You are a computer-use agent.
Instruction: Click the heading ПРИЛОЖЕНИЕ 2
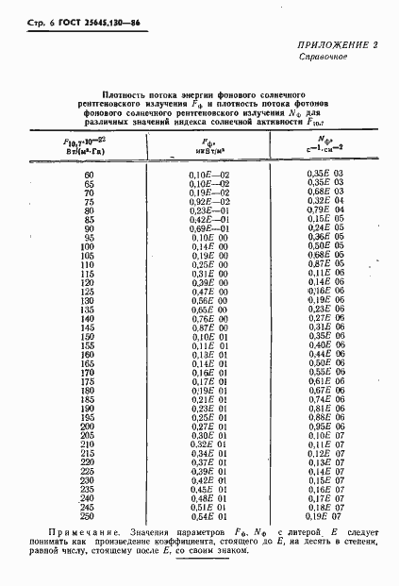[x=338, y=71]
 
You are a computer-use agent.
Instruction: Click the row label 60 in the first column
[x=90, y=176]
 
